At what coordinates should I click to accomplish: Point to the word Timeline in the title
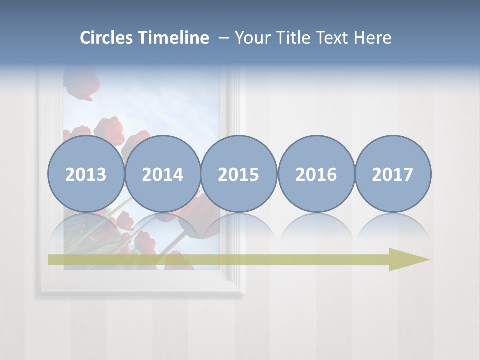point(174,38)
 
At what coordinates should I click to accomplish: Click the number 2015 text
point(239,175)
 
